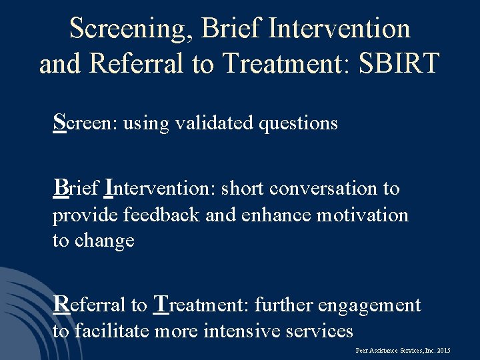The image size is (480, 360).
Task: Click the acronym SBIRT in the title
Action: pos(400,63)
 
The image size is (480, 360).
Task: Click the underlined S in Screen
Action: pos(59,122)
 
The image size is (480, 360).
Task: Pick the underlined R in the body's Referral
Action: pos(61,304)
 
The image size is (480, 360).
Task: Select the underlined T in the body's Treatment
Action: pos(161,304)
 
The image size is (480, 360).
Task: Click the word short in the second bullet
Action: pos(243,189)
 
